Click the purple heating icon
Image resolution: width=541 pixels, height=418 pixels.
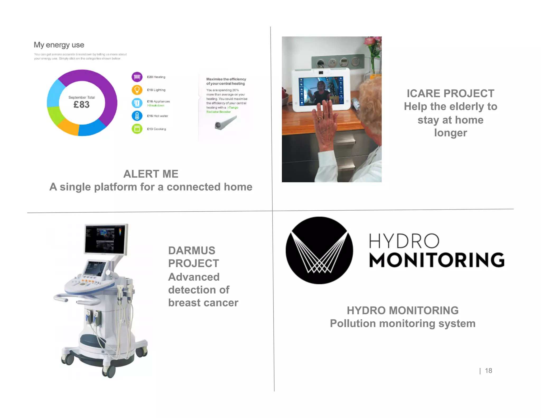(137, 77)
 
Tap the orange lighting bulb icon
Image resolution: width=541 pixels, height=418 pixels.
(137, 90)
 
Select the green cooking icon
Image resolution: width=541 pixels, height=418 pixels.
(137, 129)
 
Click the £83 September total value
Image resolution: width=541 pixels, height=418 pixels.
(81, 105)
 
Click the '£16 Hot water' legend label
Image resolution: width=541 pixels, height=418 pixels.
(157, 116)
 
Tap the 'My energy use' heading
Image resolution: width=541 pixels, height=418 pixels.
(59, 45)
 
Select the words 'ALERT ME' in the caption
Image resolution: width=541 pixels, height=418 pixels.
(151, 174)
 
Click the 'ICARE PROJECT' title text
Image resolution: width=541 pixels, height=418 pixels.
(450, 94)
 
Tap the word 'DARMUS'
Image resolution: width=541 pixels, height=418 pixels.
(192, 250)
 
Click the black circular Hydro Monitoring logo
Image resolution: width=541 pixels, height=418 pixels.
(319, 250)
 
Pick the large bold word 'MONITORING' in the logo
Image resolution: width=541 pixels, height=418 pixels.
(437, 260)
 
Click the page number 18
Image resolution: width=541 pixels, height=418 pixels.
(488, 371)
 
